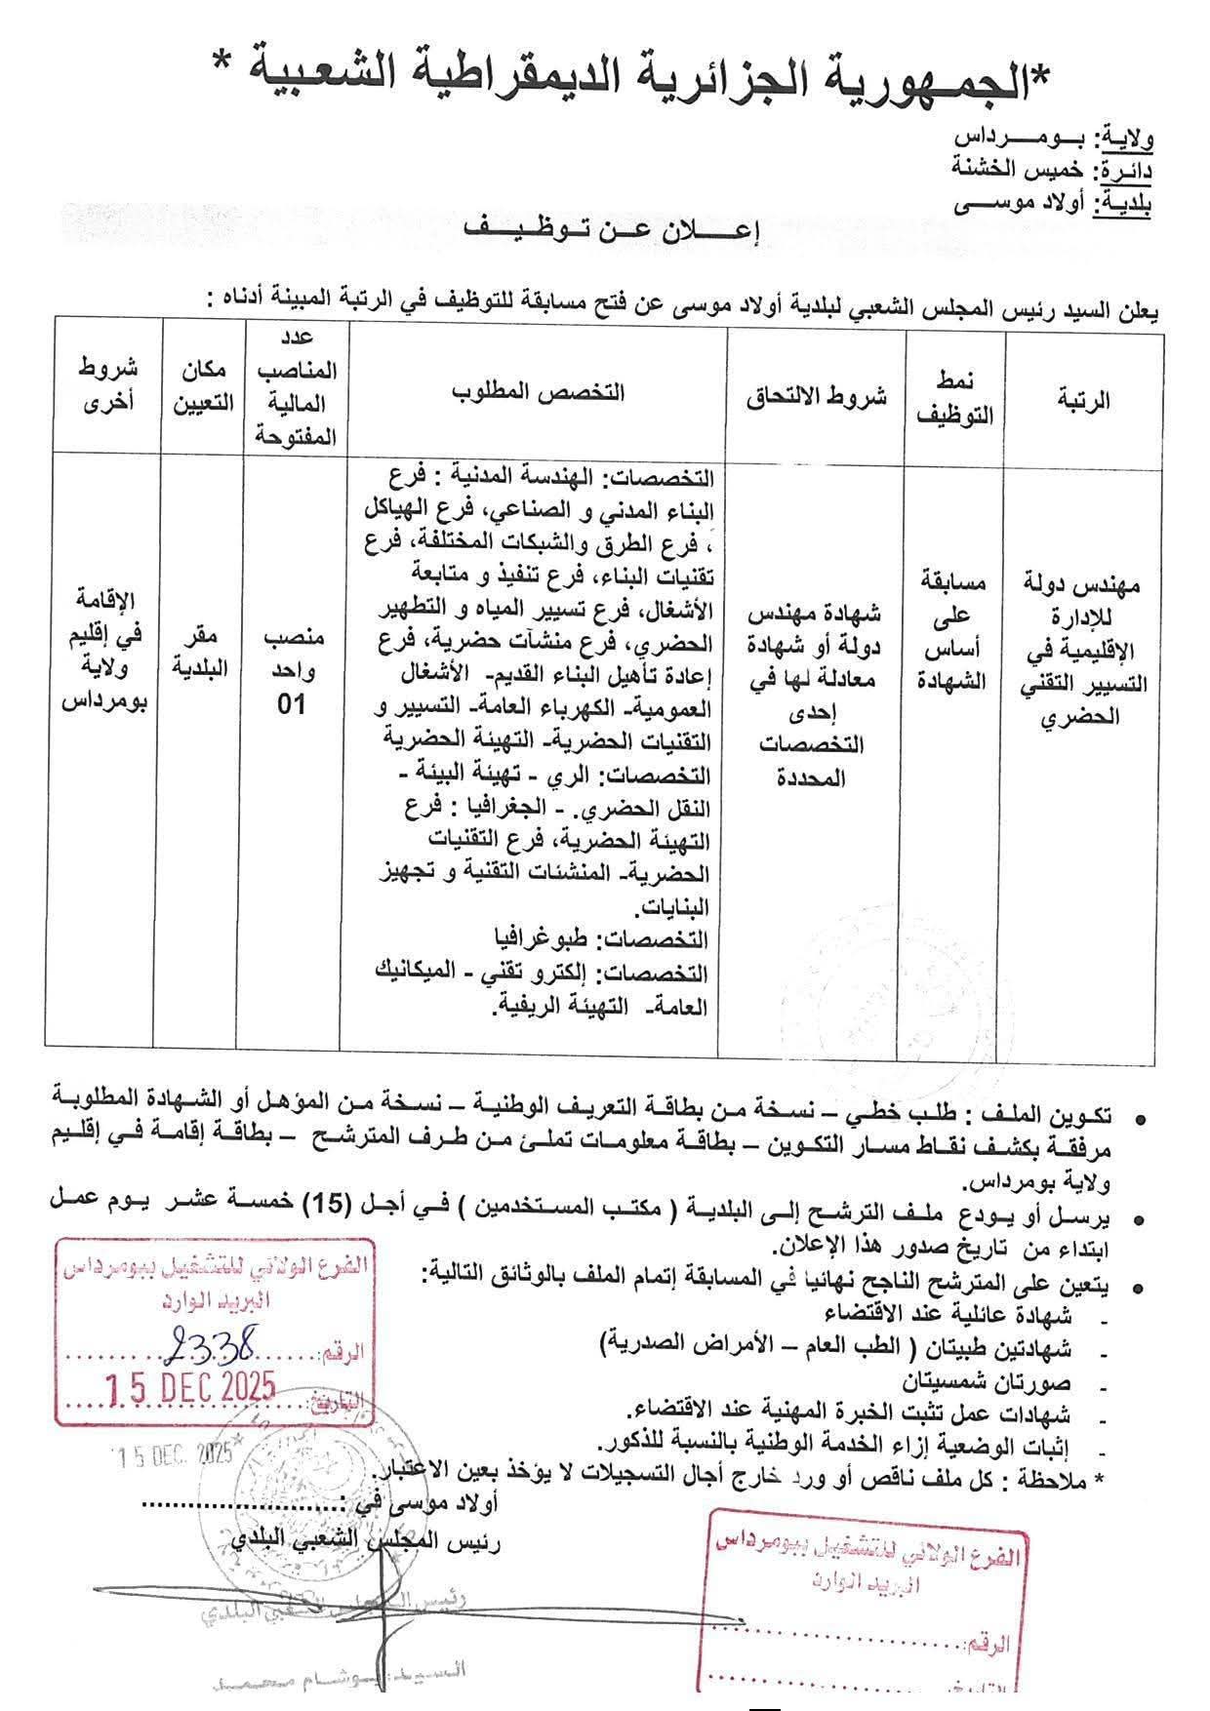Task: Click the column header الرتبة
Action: coord(1083,400)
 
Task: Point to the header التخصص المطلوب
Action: coord(539,392)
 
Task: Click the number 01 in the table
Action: coord(293,704)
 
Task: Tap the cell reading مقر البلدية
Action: coord(201,653)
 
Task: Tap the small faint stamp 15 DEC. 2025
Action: coord(172,1455)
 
